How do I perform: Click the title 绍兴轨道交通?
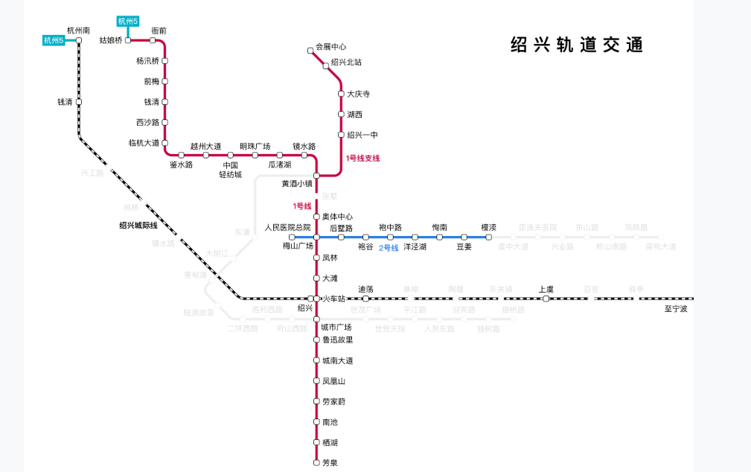click(x=576, y=45)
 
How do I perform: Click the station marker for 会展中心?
click(x=310, y=51)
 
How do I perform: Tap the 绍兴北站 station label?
click(x=345, y=62)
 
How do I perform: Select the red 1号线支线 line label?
click(x=362, y=159)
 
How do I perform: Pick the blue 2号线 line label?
click(x=389, y=248)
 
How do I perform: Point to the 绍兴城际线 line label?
click(x=138, y=226)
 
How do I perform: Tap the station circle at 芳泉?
click(x=316, y=463)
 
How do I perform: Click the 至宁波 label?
click(x=676, y=308)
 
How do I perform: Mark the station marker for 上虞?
click(x=546, y=299)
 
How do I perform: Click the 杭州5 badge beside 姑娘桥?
click(x=128, y=21)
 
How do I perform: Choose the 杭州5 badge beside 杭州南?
click(x=54, y=40)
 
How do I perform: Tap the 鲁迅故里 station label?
click(x=337, y=339)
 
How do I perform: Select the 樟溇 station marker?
click(x=489, y=237)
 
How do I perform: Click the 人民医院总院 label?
click(x=287, y=227)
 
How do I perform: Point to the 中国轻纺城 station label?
click(x=230, y=170)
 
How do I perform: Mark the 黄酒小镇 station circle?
click(x=316, y=176)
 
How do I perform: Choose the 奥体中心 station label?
click(x=337, y=217)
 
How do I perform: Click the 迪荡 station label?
click(x=365, y=289)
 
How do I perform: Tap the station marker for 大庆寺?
click(x=341, y=94)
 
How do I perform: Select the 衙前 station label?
click(x=159, y=31)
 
